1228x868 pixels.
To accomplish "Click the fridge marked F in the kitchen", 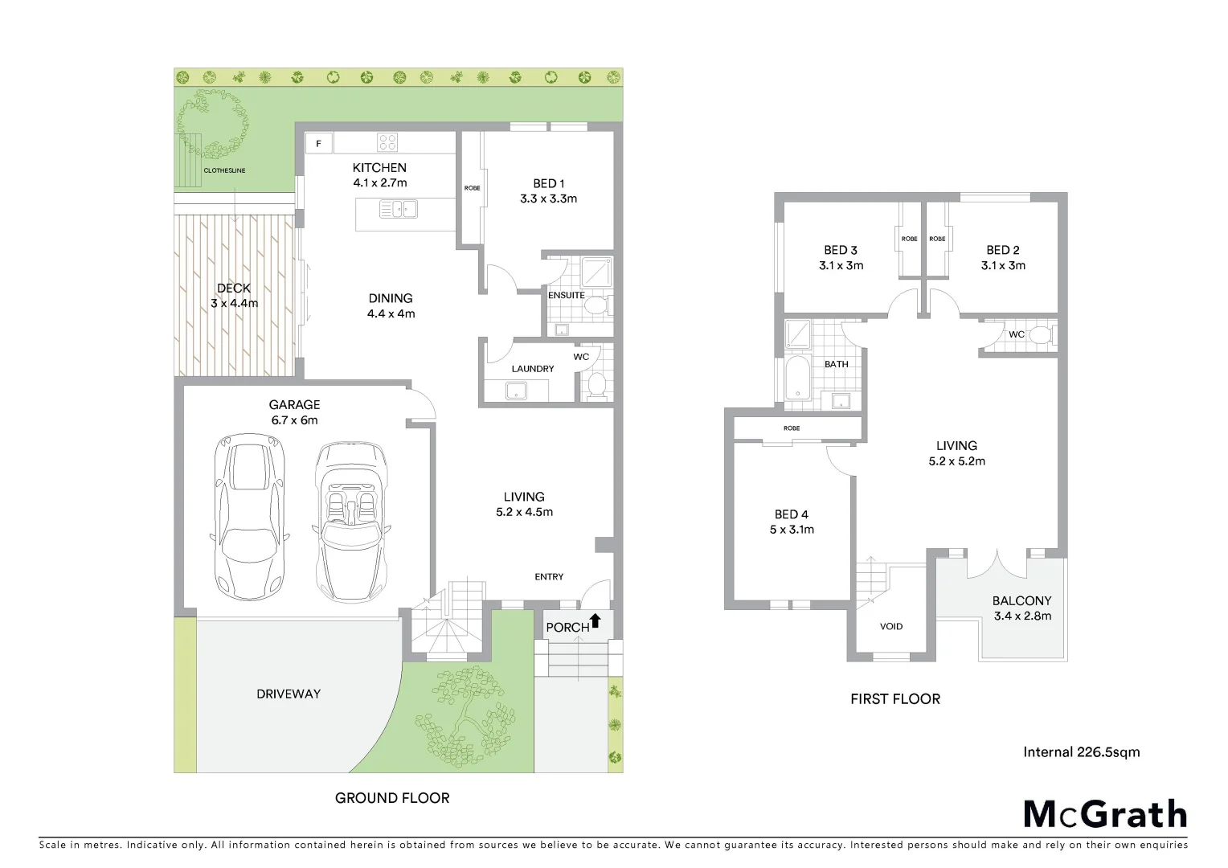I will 319,144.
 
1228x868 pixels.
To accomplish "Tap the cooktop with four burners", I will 387,142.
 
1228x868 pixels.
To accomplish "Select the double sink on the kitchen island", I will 398,210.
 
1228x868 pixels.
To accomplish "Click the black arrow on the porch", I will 596,620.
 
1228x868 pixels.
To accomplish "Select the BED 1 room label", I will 548,183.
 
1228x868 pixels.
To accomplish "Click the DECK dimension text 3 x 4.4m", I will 234,303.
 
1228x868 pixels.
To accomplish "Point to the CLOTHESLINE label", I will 224,171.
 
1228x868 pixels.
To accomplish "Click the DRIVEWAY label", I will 289,694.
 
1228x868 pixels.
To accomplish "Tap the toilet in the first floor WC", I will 1042,335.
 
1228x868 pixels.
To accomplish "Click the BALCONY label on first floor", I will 1021,600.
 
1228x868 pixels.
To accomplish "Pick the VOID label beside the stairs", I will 891,626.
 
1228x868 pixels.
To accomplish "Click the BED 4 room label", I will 792,514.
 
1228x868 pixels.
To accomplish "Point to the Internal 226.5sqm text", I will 1081,752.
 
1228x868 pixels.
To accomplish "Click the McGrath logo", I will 1104,814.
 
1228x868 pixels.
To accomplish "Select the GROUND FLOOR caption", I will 392,798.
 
